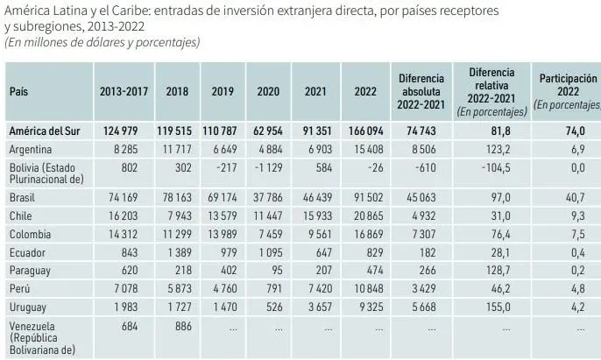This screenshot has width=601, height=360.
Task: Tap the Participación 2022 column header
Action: point(567,90)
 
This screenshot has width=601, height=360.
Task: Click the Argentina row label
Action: point(32,150)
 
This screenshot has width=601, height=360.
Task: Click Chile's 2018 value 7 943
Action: point(174,215)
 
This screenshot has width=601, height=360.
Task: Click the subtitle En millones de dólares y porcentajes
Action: point(102,42)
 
